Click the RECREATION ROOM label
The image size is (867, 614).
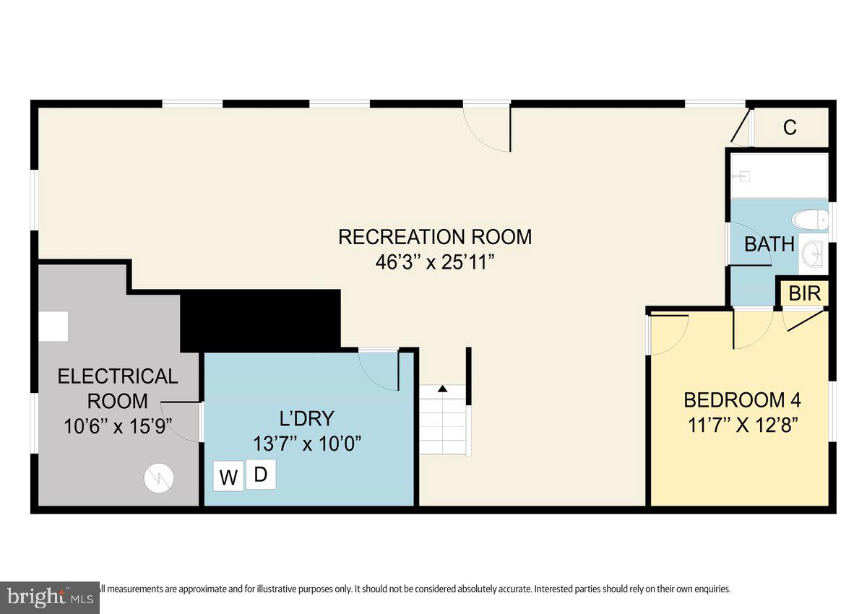coord(435,236)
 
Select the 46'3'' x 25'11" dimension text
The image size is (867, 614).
coord(435,262)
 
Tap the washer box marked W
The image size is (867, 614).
coord(228,477)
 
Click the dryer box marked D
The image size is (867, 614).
coord(261,475)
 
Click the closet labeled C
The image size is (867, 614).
coord(790,128)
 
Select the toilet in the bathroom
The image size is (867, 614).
coord(810,219)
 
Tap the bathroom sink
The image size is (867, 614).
coord(814,253)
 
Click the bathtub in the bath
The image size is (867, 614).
coord(778,176)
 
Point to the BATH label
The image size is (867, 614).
coord(769,244)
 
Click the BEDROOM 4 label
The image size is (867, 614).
coord(742,399)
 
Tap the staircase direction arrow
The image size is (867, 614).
coord(442,389)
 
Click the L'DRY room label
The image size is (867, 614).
coord(307,418)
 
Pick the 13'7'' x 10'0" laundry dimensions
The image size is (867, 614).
coord(307,443)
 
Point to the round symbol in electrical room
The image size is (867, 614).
coord(159,477)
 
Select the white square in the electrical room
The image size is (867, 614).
coord(53,326)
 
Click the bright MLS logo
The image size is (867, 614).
coord(49,597)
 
